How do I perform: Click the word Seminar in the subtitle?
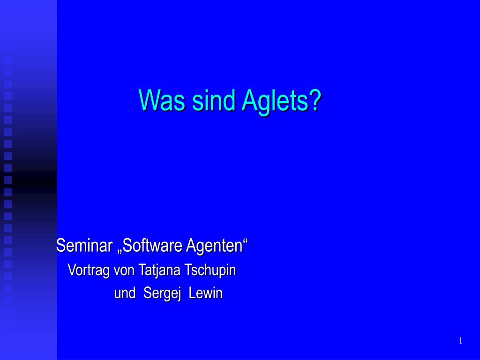84,245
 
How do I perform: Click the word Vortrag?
89,270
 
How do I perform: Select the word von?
124,270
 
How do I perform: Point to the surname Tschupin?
210,270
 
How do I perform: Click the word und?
125,293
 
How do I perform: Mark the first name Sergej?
162,294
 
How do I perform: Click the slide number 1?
461,341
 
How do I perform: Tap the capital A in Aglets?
248,100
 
